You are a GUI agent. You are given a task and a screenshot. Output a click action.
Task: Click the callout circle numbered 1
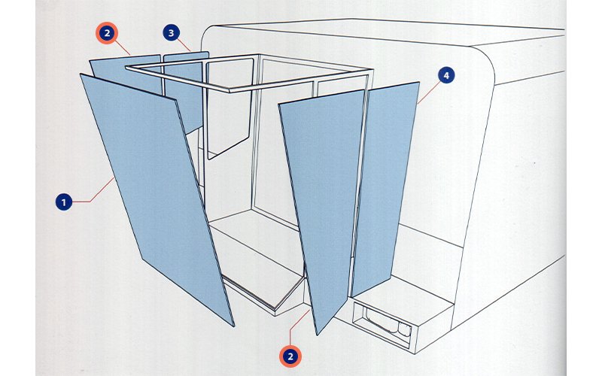click(x=64, y=202)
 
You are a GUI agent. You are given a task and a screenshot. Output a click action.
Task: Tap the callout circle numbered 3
click(x=172, y=33)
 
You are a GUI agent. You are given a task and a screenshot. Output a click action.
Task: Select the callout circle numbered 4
click(x=446, y=76)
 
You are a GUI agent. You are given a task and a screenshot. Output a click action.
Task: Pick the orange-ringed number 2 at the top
click(x=107, y=33)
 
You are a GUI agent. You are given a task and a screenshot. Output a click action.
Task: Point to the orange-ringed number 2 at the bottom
click(x=290, y=356)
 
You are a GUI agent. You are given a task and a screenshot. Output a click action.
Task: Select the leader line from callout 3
click(x=184, y=45)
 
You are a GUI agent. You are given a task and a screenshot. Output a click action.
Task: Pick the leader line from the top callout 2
click(x=123, y=47)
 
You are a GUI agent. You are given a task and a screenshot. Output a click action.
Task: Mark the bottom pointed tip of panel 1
click(x=233, y=326)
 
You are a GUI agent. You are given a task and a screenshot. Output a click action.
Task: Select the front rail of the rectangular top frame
click(x=299, y=80)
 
